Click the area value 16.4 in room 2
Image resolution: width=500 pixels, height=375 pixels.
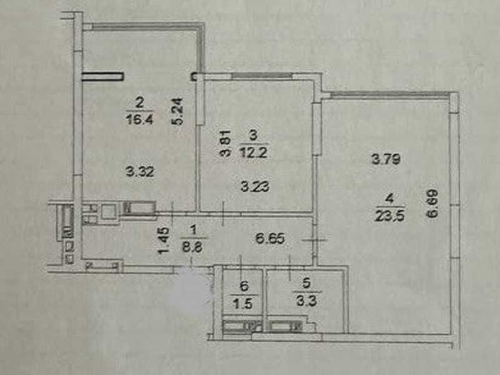140,119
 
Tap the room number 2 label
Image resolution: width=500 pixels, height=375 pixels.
140,103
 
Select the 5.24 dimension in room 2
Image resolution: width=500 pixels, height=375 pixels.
178,111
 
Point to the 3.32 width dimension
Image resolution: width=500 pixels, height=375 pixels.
140,172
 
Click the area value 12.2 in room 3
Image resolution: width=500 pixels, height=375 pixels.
253,153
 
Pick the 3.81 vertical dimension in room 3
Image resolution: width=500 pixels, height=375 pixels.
225,143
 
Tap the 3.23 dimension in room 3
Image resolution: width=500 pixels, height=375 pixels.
255,186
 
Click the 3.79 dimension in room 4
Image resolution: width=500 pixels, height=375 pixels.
386,159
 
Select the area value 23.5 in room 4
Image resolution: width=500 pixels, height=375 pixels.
390,216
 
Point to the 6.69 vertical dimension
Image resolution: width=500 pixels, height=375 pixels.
433,204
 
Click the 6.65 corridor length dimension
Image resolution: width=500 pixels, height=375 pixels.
270,239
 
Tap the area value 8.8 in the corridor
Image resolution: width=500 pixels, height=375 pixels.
193,247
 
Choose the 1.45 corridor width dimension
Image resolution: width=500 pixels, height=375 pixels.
164,241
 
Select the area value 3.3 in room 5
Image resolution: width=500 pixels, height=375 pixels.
306,301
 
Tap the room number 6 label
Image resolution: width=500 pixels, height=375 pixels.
244,286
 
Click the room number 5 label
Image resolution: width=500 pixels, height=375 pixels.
306,284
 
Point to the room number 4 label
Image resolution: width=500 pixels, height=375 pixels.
389,199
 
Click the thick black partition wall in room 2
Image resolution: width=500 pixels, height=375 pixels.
103,76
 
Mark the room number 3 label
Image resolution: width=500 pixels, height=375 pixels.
253,136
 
